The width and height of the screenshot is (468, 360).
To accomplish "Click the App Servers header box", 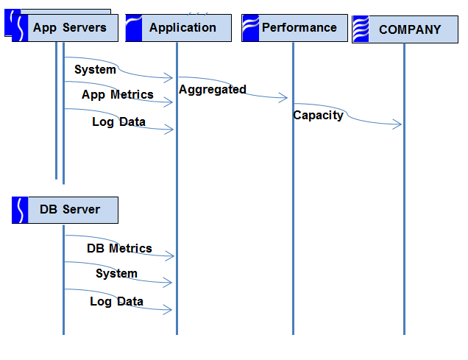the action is (x=65, y=28).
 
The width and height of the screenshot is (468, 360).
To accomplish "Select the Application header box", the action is (x=179, y=28).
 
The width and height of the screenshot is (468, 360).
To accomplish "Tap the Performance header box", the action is (x=294, y=28).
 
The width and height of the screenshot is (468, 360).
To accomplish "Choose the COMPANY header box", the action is (x=405, y=29).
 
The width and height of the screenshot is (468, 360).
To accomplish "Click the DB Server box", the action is (x=65, y=210).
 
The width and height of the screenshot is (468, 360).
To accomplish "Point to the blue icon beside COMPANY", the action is (x=361, y=29).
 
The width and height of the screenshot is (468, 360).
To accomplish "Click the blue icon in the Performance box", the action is (x=250, y=28).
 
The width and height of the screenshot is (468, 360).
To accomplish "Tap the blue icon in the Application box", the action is (x=134, y=28).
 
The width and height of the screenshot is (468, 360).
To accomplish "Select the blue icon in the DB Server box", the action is (x=20, y=210).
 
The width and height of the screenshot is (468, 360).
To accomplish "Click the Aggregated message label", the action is (x=213, y=89).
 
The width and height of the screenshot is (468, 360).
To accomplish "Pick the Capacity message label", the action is (x=318, y=116).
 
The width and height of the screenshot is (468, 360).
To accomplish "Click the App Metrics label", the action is (x=118, y=95).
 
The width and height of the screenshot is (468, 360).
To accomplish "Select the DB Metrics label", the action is (x=119, y=248).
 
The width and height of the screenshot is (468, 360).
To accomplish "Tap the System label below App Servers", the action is (x=95, y=69).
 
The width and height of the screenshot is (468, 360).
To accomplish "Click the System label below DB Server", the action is (x=116, y=273).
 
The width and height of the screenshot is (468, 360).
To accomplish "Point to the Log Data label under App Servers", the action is (x=118, y=121).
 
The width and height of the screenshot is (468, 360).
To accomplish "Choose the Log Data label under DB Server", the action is (x=117, y=302).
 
